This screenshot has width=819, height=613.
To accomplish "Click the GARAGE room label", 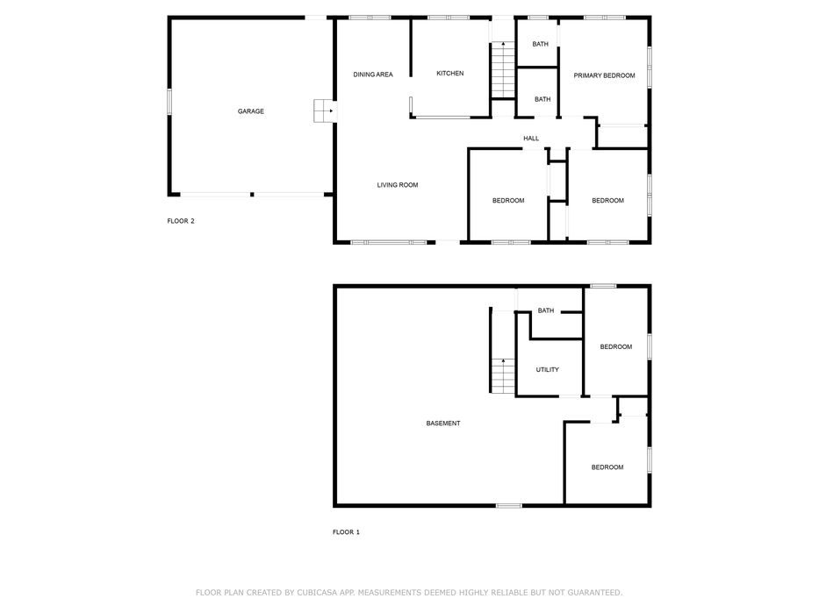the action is pyautogui.click(x=251, y=111).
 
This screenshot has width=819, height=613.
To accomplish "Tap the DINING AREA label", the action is pyautogui.click(x=373, y=75).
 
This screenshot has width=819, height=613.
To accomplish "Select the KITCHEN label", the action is pyautogui.click(x=449, y=74).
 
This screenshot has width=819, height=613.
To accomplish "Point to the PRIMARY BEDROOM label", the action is pyautogui.click(x=604, y=75).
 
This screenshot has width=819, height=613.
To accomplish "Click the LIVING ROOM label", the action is pyautogui.click(x=398, y=185).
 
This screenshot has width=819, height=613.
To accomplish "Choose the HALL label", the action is pyautogui.click(x=531, y=139).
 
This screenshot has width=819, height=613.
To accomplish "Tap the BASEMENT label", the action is pyautogui.click(x=443, y=423).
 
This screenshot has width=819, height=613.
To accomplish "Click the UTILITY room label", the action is pyautogui.click(x=548, y=369).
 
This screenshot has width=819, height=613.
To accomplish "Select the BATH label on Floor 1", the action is pyautogui.click(x=546, y=310).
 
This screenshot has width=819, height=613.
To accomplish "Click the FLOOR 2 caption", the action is pyautogui.click(x=181, y=221).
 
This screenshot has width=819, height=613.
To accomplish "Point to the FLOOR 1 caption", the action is pyautogui.click(x=347, y=532).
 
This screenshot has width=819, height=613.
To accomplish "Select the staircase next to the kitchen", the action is pyautogui.click(x=503, y=70).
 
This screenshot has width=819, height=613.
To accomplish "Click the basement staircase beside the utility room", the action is pyautogui.click(x=503, y=376).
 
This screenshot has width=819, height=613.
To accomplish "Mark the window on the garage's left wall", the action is pyautogui.click(x=169, y=101).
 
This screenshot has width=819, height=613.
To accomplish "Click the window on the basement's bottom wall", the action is pyautogui.click(x=509, y=505).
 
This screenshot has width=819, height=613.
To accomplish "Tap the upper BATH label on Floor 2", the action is pyautogui.click(x=541, y=45).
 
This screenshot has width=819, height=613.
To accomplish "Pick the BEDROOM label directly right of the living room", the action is pyautogui.click(x=508, y=200).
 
